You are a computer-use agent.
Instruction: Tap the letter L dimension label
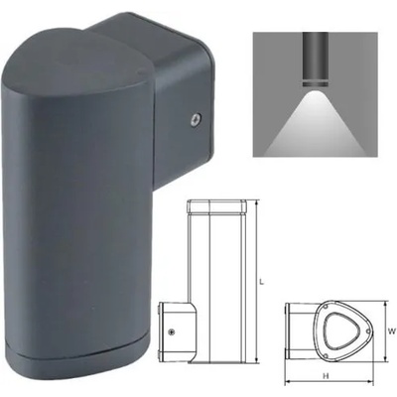point(261,282)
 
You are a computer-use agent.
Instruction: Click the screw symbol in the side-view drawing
point(173,332)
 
